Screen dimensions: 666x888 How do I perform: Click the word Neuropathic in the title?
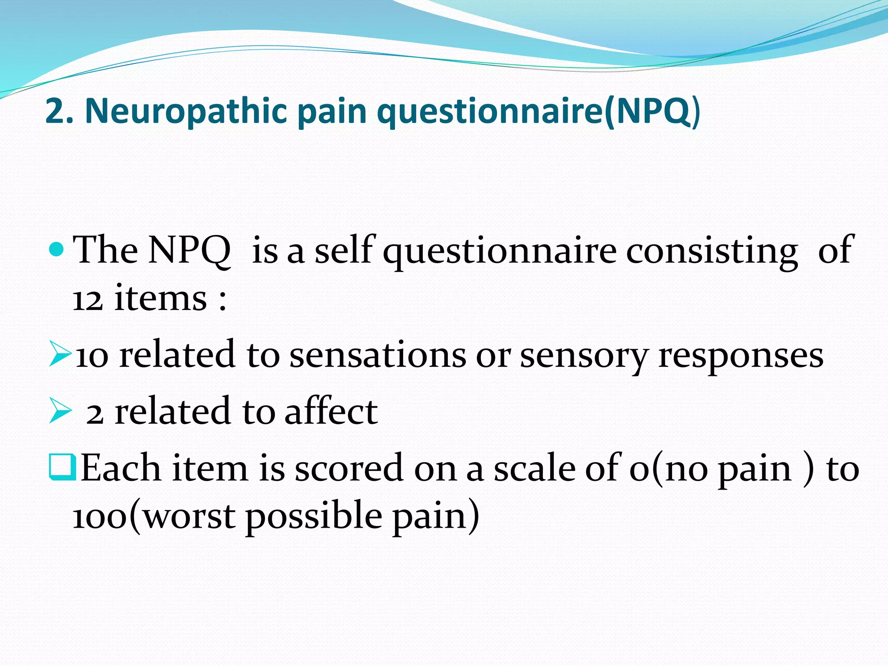coord(186,111)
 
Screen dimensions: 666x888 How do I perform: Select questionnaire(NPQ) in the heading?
coord(538,111)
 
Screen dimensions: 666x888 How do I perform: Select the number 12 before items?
coord(87,300)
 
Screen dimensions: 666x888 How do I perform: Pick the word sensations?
coord(377,355)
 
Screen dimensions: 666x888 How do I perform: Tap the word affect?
coord(331,411)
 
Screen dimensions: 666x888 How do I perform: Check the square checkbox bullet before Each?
coord(62,467)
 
